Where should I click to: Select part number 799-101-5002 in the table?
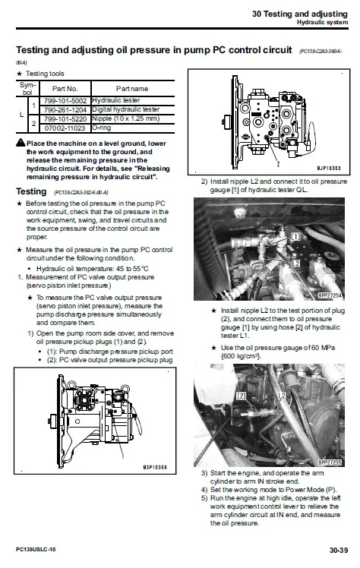coord(64,99)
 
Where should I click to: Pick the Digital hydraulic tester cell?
coord(123,109)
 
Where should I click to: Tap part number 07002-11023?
coord(64,128)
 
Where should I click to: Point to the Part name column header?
coord(131,88)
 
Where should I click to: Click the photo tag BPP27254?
coord(330,295)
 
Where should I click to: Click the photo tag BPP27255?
coord(330,462)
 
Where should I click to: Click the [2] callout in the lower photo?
coord(242,396)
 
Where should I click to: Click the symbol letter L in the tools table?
coord(21,114)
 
